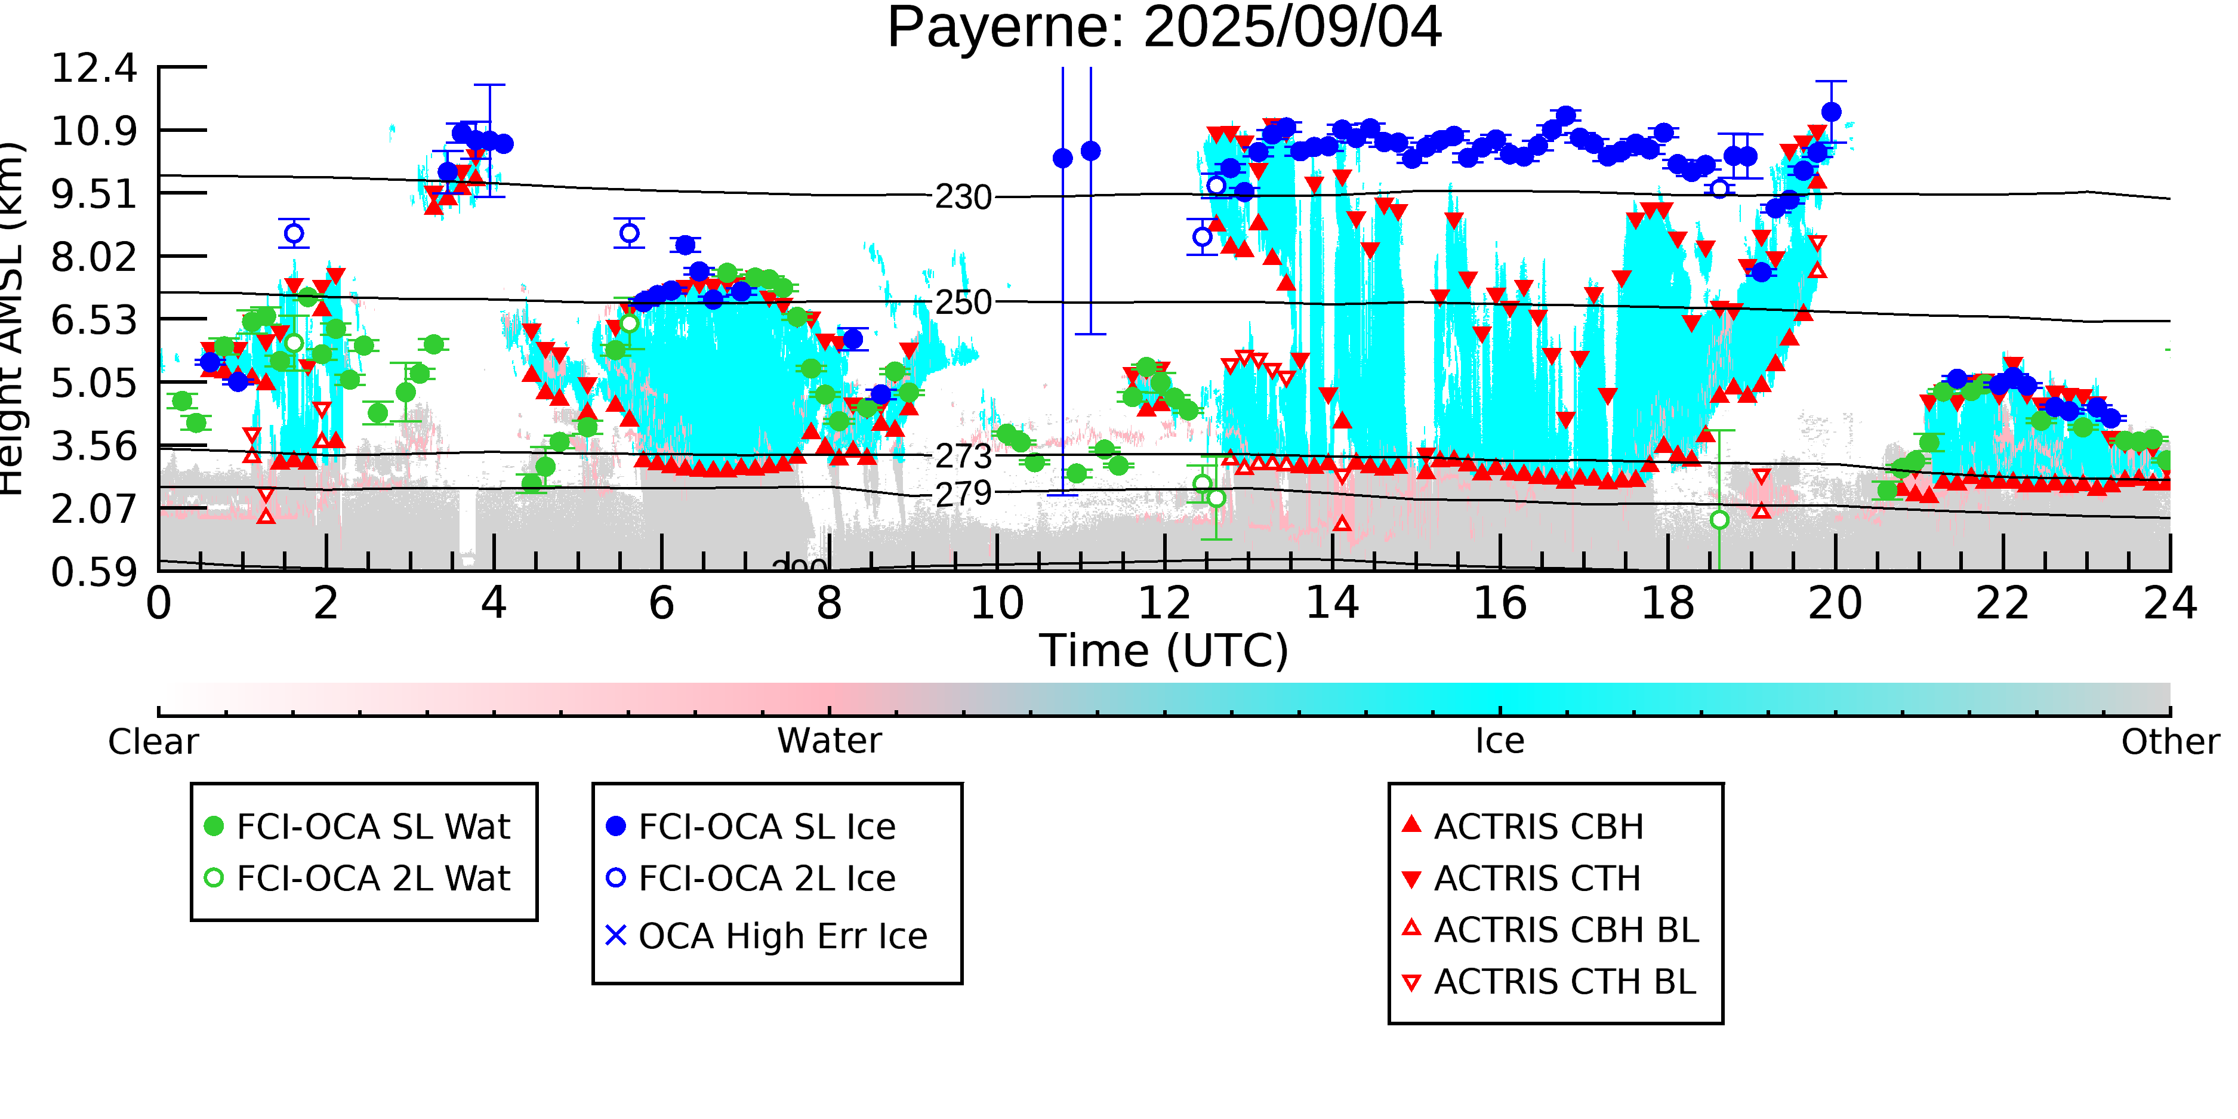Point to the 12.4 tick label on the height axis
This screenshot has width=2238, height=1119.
(x=94, y=68)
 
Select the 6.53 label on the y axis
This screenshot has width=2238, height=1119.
(x=94, y=320)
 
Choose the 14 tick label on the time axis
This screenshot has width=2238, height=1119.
(x=1332, y=603)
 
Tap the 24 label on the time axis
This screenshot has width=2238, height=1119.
(x=2169, y=603)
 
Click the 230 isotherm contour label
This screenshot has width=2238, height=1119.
(x=963, y=197)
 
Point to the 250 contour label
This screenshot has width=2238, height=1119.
(x=963, y=303)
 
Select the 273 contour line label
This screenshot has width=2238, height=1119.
(x=963, y=455)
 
